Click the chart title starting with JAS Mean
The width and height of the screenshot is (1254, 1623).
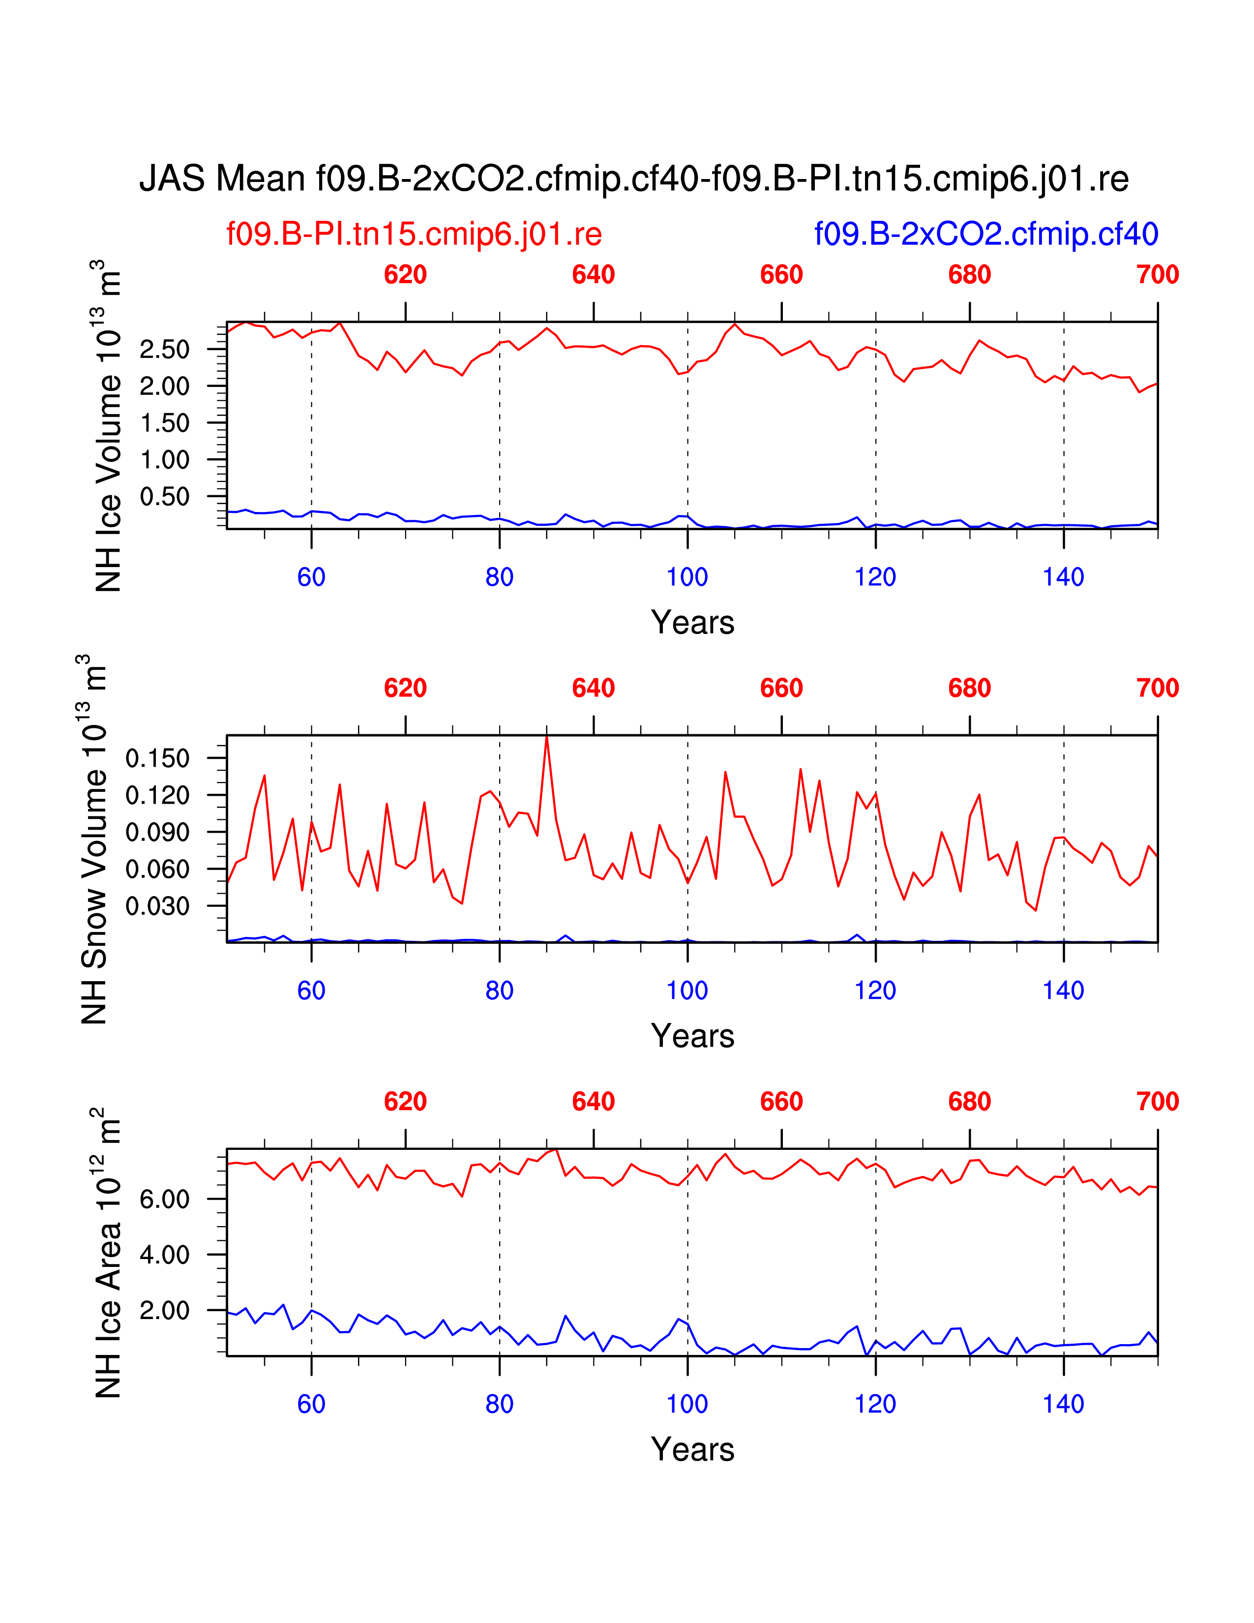click(x=634, y=179)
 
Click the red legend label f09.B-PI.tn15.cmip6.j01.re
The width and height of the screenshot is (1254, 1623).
click(x=414, y=234)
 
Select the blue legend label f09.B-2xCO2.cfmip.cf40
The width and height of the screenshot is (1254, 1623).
click(x=986, y=234)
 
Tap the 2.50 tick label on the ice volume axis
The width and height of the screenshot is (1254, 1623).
click(x=164, y=349)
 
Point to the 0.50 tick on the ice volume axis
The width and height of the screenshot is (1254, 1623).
click(x=164, y=496)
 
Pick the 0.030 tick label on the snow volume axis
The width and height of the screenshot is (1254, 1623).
click(x=157, y=906)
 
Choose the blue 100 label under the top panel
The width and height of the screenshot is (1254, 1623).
click(x=687, y=577)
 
